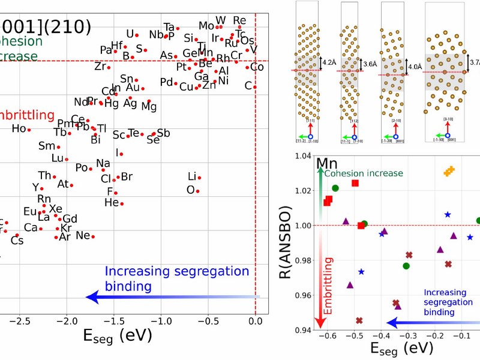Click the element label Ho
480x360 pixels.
coord(19,128)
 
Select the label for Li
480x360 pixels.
coord(192,176)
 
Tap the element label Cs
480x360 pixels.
coord(17,240)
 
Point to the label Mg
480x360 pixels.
coord(149,107)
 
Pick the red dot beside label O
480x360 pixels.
coord(197,191)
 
